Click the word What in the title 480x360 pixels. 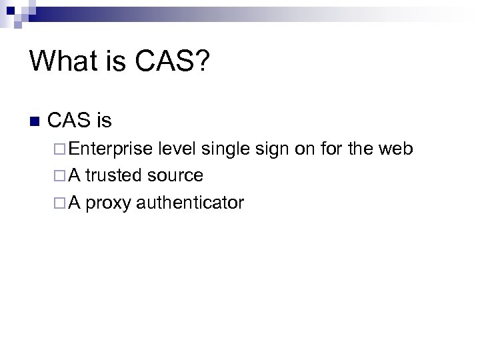point(63,61)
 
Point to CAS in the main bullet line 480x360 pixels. point(70,121)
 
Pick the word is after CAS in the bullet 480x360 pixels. point(104,121)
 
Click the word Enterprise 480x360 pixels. point(110,149)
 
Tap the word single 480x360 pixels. point(226,149)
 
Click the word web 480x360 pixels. point(397,148)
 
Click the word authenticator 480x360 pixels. point(190,203)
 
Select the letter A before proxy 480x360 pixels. point(74,203)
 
